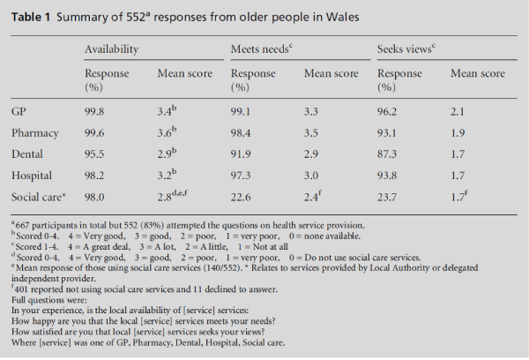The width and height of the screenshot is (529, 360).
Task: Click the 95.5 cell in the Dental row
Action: tap(96, 154)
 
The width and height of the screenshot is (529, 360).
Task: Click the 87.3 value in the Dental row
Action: tap(389, 154)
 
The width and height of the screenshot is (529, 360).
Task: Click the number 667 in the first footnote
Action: tap(21, 226)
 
